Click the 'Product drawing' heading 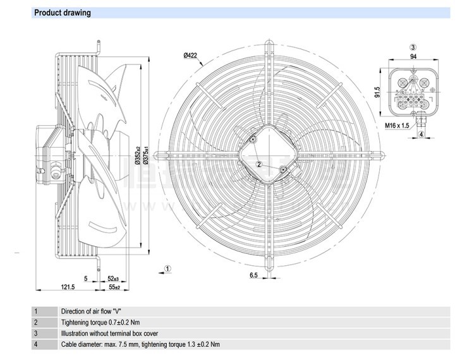[x=62, y=13]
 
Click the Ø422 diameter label [x=191, y=56]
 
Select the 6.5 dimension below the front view [x=253, y=276]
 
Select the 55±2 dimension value [x=114, y=287]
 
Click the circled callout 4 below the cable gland [x=421, y=134]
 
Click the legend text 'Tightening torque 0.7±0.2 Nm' [x=100, y=322]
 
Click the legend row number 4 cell [x=36, y=344]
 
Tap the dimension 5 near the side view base [x=85, y=278]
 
